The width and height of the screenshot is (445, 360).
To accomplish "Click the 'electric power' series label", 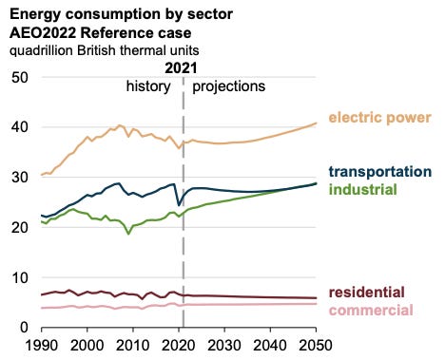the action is tap(379, 118).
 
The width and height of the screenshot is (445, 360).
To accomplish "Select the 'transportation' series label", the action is tap(380, 172).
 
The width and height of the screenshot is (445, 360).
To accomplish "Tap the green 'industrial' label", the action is tap(363, 189).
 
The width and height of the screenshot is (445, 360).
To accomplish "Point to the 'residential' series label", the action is tap(367, 292).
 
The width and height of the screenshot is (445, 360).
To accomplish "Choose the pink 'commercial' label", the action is tap(371, 310).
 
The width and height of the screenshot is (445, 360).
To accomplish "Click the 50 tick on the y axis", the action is tap(20, 78).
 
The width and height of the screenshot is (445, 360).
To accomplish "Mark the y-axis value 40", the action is tap(20, 127).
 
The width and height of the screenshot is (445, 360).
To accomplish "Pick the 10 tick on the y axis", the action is tap(20, 277).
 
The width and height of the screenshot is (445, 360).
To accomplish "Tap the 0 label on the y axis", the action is tap(24, 328).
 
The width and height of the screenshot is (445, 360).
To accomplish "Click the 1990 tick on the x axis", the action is tap(42, 345).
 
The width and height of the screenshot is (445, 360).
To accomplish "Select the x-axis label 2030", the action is tap(224, 345).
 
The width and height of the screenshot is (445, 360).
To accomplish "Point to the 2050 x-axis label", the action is tap(316, 345).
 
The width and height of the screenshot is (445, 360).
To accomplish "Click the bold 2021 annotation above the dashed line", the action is tap(181, 68).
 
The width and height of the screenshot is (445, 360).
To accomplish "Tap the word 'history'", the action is tap(148, 86).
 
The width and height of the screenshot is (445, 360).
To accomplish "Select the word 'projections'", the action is tap(229, 86).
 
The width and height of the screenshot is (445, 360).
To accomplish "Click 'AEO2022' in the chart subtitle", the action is tap(43, 33).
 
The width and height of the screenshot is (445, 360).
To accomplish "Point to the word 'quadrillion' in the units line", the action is tap(41, 50).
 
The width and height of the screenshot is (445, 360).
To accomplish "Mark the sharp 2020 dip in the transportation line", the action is tap(179, 205).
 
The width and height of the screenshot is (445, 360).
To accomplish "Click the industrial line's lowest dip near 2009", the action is tap(128, 234).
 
